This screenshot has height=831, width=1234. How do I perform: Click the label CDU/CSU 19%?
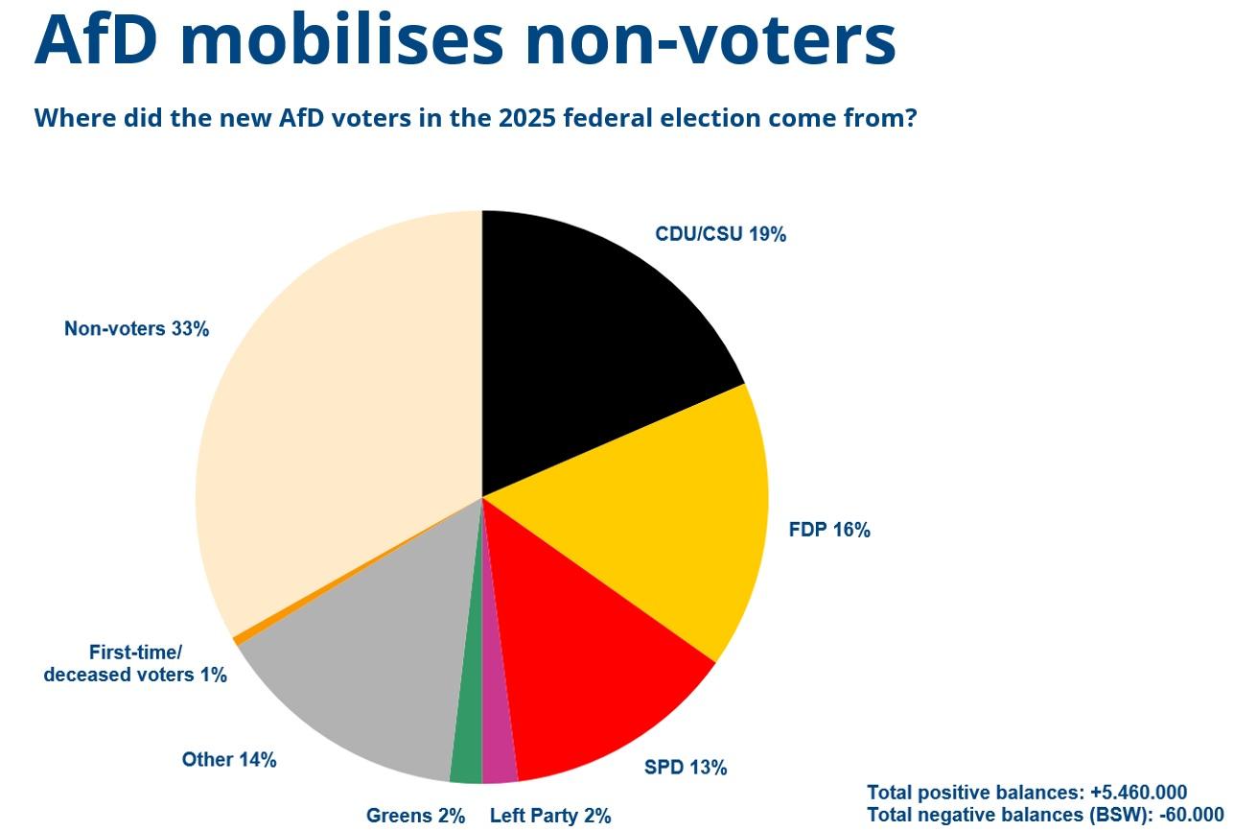(720, 234)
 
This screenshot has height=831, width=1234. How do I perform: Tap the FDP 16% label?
(828, 530)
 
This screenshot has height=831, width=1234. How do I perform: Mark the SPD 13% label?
(685, 768)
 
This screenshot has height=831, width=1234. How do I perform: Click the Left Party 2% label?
(549, 817)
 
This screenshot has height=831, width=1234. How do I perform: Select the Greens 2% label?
(415, 817)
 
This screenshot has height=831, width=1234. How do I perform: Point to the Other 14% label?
(229, 760)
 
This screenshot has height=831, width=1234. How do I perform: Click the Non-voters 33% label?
(136, 329)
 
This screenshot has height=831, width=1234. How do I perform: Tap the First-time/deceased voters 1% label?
(135, 664)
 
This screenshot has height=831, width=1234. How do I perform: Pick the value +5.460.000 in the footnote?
(1138, 793)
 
